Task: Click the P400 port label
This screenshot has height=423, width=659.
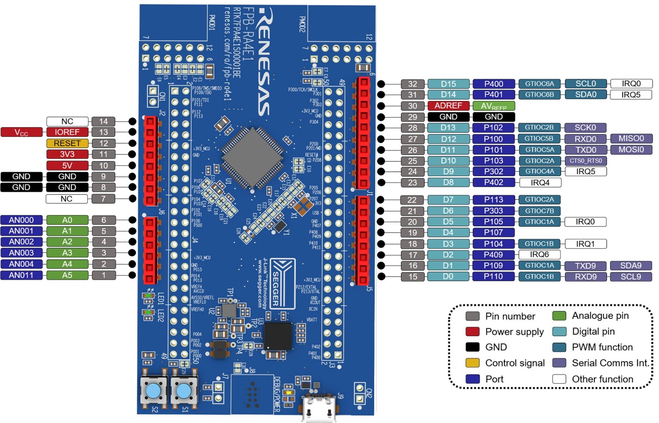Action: click(x=494, y=84)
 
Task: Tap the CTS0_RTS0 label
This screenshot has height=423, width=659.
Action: click(x=586, y=161)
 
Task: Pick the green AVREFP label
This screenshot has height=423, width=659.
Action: click(x=494, y=106)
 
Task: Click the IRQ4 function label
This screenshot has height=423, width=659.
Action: click(x=538, y=182)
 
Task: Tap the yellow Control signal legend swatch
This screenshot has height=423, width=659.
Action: click(x=473, y=363)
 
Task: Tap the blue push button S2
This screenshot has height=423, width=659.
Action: click(x=153, y=390)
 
